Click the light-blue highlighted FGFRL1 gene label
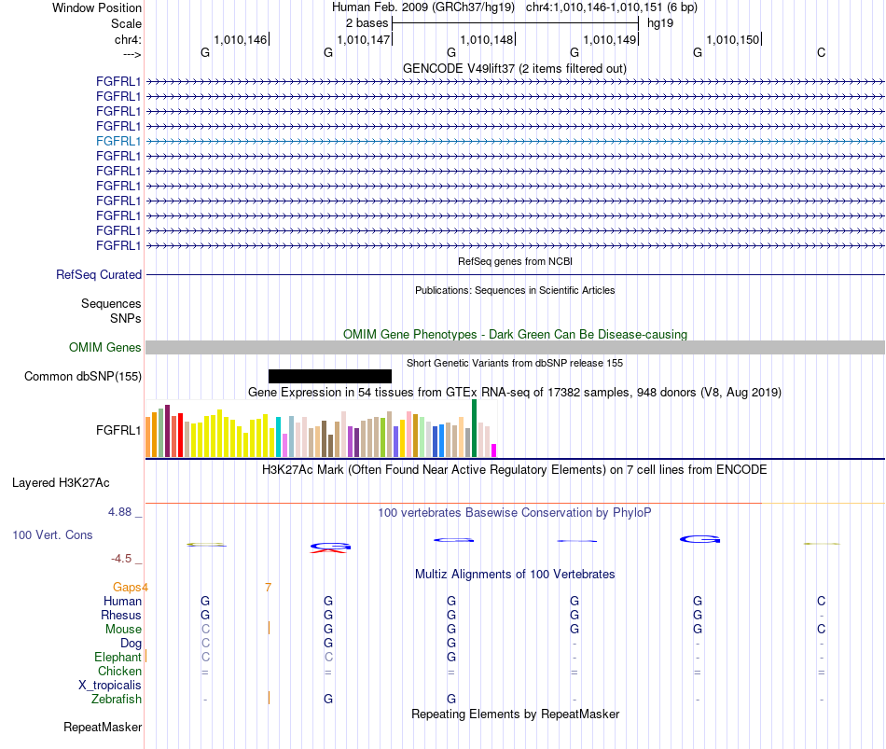[118, 142]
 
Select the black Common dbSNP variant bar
[330, 376]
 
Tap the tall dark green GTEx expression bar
[474, 428]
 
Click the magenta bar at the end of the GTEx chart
[494, 451]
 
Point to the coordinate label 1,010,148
[487, 39]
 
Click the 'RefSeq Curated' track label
[99, 275]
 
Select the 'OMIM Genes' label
[105, 348]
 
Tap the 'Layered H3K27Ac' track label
[61, 483]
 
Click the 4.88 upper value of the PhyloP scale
[119, 512]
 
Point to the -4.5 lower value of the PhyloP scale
[121, 559]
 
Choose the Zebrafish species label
[117, 700]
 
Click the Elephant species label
[118, 657]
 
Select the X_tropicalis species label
[110, 686]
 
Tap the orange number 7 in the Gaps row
[268, 588]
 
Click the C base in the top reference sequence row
[821, 52]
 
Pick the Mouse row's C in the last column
[821, 630]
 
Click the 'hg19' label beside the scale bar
[660, 23]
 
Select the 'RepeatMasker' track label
[103, 727]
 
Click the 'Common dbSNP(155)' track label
[83, 377]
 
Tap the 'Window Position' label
[97, 7]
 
